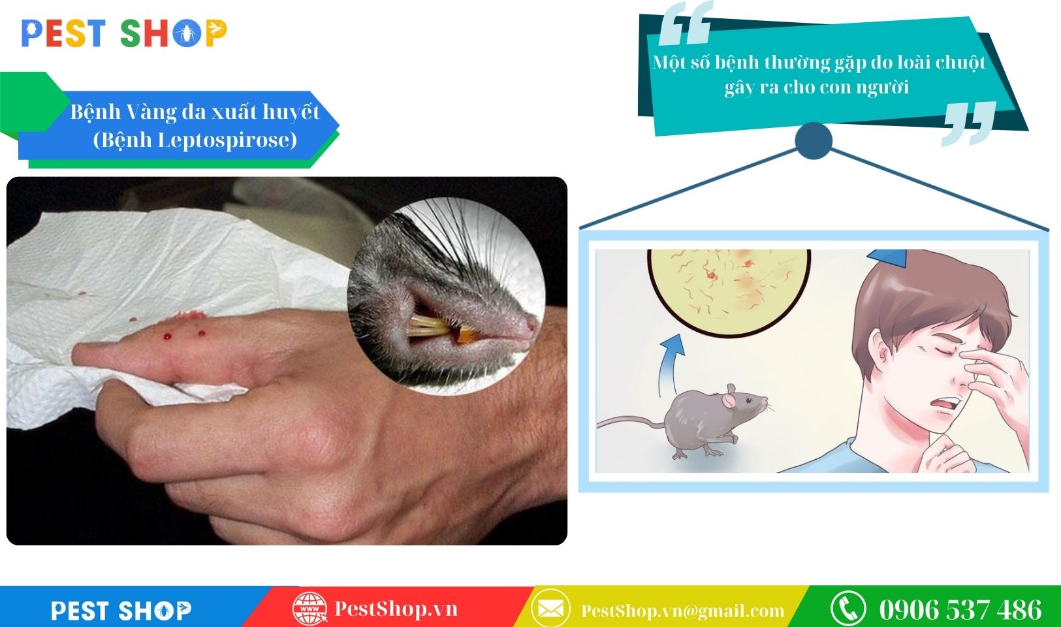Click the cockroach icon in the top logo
(187, 33)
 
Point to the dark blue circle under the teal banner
(814, 140)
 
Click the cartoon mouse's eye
(750, 401)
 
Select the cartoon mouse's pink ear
(730, 400)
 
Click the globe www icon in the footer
(309, 609)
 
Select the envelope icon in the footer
(550, 609)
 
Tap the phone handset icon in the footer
(848, 609)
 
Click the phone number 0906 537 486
(960, 609)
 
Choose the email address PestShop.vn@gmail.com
(682, 611)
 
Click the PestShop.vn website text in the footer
(396, 609)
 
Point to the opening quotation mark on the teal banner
(686, 23)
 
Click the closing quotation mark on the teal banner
(970, 123)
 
